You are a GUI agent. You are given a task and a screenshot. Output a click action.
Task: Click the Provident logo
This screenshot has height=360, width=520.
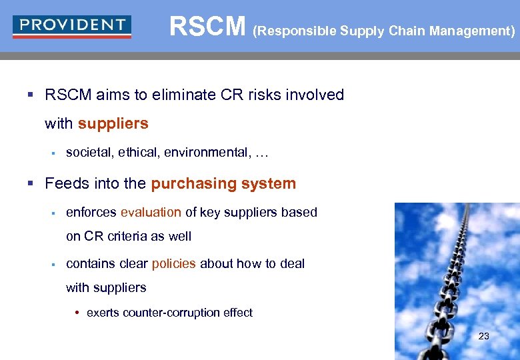tap(72, 27)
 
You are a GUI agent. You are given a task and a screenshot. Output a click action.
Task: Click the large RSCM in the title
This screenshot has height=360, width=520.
tap(207, 27)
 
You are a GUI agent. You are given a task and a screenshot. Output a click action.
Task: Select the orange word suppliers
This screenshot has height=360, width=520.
tap(113, 124)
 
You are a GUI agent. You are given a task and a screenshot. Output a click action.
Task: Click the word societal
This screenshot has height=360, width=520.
tap(90, 153)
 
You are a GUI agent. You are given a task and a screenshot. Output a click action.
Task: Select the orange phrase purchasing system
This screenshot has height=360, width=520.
tap(223, 184)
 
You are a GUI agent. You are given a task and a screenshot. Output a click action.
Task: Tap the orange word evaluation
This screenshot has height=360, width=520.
tap(151, 212)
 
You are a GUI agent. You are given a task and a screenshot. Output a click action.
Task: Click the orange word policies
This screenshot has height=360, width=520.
tap(173, 263)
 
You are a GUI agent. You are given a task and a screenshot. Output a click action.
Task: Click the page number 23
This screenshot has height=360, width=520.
tap(484, 336)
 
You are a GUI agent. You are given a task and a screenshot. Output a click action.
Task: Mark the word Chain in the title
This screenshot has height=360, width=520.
tap(406, 31)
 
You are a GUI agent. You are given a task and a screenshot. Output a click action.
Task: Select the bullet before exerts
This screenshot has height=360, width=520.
tap(80, 313)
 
